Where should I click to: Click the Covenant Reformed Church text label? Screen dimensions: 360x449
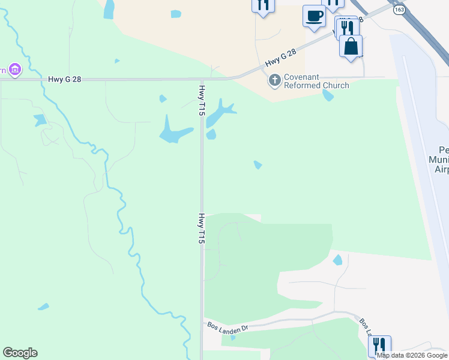point(316,81)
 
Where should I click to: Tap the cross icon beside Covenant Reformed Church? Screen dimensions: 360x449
point(275,80)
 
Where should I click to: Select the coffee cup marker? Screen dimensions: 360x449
point(314,15)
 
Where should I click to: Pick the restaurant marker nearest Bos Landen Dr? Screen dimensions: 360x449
point(379,346)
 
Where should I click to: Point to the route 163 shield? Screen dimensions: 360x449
point(399,10)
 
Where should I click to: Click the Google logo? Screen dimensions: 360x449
point(20,353)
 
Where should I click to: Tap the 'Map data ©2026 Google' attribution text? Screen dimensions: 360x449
point(412,355)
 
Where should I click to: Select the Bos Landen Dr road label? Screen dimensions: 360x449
point(228,328)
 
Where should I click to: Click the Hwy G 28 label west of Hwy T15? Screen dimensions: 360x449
point(65,79)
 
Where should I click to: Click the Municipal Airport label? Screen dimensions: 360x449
point(438,160)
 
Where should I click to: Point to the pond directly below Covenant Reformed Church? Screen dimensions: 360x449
point(328,95)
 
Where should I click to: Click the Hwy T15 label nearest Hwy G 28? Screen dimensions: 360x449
point(202,100)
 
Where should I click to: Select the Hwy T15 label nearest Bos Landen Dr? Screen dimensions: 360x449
point(202,228)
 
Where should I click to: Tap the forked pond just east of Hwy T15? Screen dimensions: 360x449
point(220,114)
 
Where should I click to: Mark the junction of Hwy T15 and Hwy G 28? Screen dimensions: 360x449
point(202,79)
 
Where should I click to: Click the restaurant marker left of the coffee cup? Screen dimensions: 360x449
point(262,5)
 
